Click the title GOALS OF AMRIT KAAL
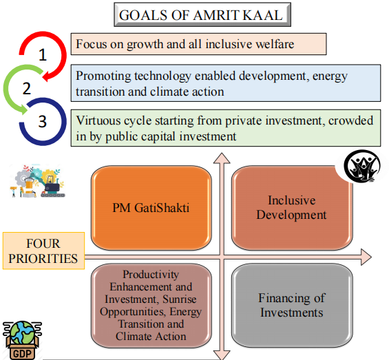pyautogui.click(x=201, y=15)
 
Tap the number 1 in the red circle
pyautogui.click(x=43, y=54)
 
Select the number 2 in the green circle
pyautogui.click(x=27, y=88)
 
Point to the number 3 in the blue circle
pyautogui.click(x=43, y=122)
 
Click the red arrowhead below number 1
pyautogui.click(x=47, y=76)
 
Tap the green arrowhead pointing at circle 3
pyautogui.click(x=24, y=109)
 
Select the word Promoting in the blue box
pyautogui.click(x=103, y=76)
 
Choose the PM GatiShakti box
pyautogui.click(x=151, y=208)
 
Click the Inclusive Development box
pyautogui.click(x=292, y=208)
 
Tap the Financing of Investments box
pyautogui.click(x=292, y=306)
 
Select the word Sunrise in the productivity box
pyautogui.click(x=179, y=299)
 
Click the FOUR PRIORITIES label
pyautogui.click(x=43, y=251)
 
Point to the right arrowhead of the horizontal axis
pyautogui.click(x=366, y=257)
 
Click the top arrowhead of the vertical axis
pyautogui.click(x=222, y=158)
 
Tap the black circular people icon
pyautogui.click(x=362, y=166)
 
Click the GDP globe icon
pyautogui.click(x=22, y=340)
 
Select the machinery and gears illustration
pyautogui.click(x=37, y=180)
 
